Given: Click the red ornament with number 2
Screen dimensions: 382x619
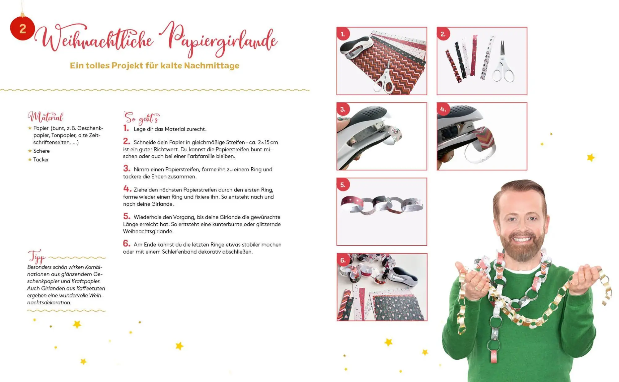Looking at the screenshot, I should point(22,28).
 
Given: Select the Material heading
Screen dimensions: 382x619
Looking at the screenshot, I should point(45,117).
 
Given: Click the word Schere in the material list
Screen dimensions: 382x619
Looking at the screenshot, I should point(41,151).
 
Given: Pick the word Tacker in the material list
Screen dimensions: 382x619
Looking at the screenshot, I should point(41,160).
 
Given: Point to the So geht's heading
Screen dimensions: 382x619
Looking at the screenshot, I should point(141,118).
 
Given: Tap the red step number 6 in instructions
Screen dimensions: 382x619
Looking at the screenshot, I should point(127,243).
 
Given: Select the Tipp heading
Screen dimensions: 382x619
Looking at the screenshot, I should point(37,256).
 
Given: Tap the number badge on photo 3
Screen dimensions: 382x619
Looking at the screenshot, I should point(343,109).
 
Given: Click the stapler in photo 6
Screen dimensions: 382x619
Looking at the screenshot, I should point(402,276).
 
